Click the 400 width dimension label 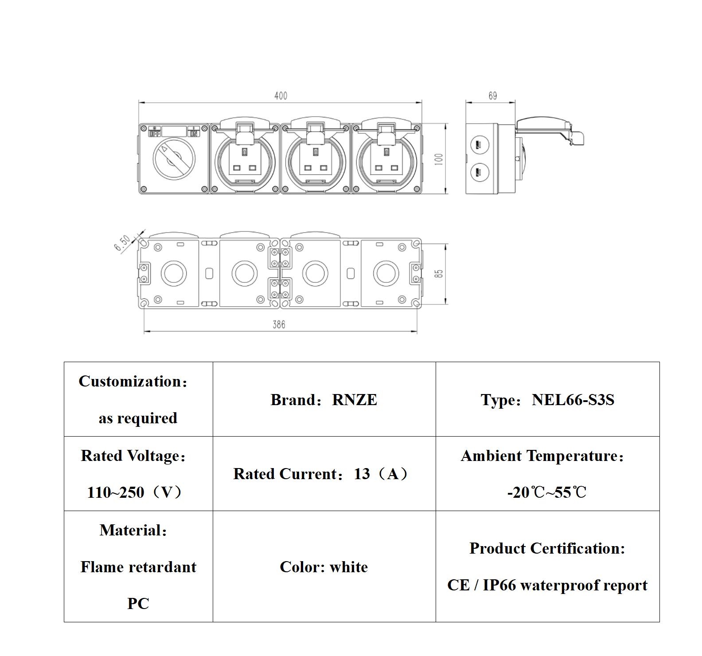pos(281,96)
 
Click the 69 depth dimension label pos(492,96)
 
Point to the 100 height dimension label pos(439,159)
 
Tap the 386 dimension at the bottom pos(279,324)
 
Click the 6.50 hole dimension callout pos(123,243)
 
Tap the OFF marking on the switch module pos(155,133)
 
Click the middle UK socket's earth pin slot pos(315,152)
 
